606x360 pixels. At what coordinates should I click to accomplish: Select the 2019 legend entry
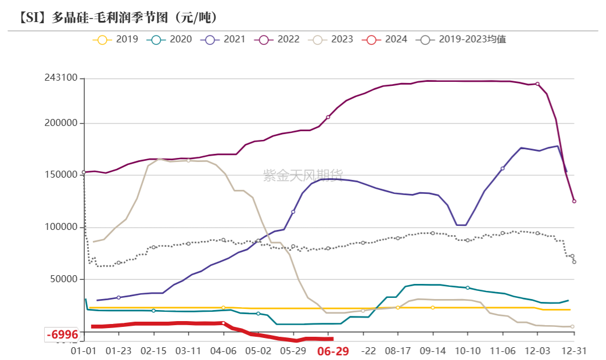116,39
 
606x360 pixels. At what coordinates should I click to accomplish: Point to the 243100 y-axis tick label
61,78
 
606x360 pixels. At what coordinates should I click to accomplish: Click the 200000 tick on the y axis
61,124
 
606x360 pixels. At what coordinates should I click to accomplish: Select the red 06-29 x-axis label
332,351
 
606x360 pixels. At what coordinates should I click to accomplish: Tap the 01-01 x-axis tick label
84,351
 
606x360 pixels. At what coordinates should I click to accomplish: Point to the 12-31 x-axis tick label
572,351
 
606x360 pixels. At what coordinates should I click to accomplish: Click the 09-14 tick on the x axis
433,351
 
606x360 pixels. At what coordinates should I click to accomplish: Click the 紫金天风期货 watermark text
303,175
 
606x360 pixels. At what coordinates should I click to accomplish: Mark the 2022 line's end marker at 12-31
574,201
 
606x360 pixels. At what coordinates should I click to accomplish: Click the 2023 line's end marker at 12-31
572,327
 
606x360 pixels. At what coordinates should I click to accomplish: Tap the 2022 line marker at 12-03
537,84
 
